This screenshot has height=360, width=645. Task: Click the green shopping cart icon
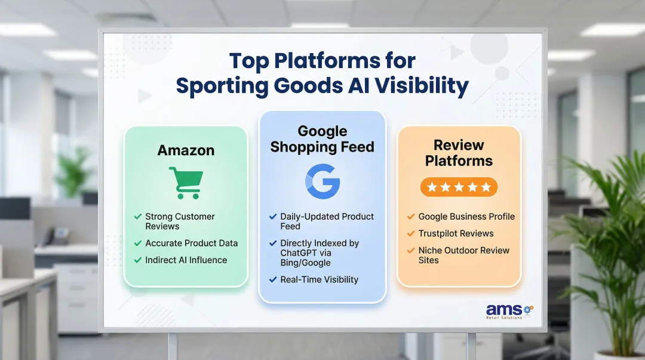pyautogui.click(x=185, y=182)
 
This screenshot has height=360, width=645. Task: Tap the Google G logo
pyautogui.click(x=322, y=181)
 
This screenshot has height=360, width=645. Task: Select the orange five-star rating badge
pyautogui.click(x=459, y=187)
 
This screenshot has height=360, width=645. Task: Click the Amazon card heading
pyautogui.click(x=186, y=150)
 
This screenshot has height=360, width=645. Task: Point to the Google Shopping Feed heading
pyautogui.click(x=322, y=139)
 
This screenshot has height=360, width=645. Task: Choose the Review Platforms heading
pyautogui.click(x=459, y=153)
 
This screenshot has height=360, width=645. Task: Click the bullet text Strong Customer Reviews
pyautogui.click(x=180, y=221)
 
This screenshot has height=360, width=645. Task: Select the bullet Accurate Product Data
pyautogui.click(x=191, y=243)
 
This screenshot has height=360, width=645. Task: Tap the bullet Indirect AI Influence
pyautogui.click(x=186, y=260)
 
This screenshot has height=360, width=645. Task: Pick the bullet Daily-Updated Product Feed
pyautogui.click(x=327, y=221)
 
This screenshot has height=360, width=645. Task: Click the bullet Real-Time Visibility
pyautogui.click(x=319, y=279)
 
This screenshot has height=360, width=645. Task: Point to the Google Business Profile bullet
pyautogui.click(x=466, y=217)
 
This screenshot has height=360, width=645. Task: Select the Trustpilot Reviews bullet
pyautogui.click(x=456, y=233)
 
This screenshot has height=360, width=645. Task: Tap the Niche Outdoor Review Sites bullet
pyautogui.click(x=463, y=255)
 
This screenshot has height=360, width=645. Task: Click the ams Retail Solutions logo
pyautogui.click(x=509, y=311)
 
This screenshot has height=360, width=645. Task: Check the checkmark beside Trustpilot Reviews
pyautogui.click(x=411, y=233)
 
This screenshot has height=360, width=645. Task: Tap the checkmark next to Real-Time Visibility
pyautogui.click(x=273, y=279)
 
